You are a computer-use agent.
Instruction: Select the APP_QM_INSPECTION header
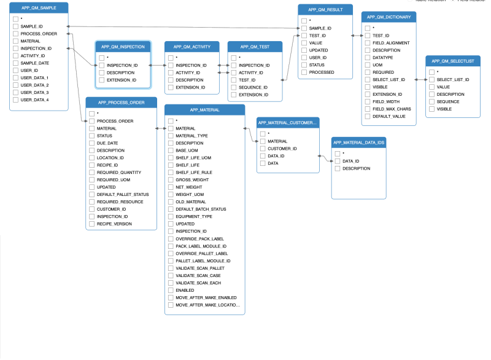pyautogui.click(x=123, y=47)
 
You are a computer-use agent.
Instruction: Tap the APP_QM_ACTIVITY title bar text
pyautogui.click(x=191, y=47)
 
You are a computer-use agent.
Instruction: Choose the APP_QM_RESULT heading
pyautogui.click(x=326, y=10)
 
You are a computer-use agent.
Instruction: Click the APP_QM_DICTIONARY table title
pyautogui.click(x=389, y=17)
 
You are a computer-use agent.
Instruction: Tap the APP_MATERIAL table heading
pyautogui.click(x=205, y=110)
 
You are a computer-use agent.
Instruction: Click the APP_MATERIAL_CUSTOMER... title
pyautogui.click(x=288, y=122)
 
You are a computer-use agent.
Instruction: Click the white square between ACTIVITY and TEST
pyautogui.click(x=223, y=69)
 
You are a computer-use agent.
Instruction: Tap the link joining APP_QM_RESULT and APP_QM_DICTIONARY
pyautogui.click(x=357, y=36)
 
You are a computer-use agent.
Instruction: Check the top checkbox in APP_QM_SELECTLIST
pyautogui.click(x=431, y=72)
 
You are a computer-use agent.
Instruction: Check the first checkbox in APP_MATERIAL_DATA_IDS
pyautogui.click(x=337, y=154)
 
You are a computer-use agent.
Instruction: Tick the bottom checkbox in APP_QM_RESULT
pyautogui.click(x=304, y=72)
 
